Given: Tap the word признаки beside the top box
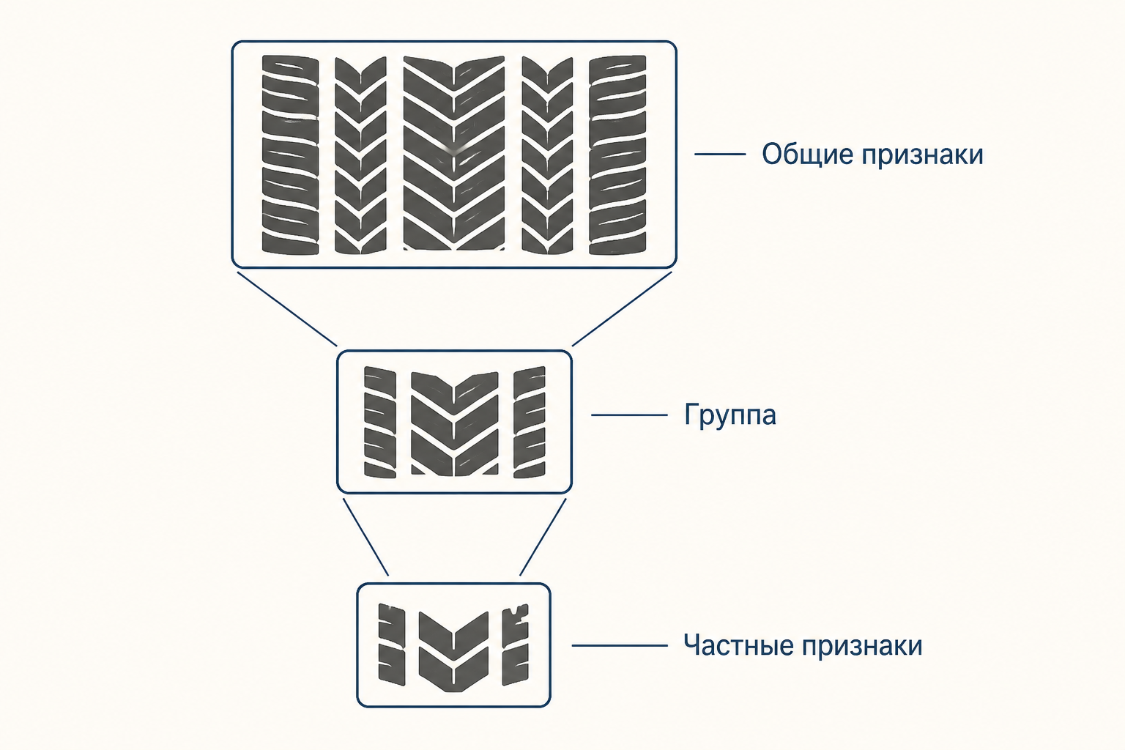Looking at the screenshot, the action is click(x=923, y=155).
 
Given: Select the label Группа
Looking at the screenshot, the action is click(x=729, y=415).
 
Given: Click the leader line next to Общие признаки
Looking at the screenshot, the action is click(x=720, y=155).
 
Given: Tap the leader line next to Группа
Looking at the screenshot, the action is click(x=629, y=415).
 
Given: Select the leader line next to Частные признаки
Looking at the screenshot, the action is click(x=620, y=645).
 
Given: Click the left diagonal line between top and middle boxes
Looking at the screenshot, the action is click(x=287, y=309).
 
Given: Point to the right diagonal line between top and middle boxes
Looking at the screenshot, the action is click(x=622, y=309).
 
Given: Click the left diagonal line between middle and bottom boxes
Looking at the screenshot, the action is click(x=365, y=537).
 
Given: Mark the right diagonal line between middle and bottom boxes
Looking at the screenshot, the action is click(x=543, y=537).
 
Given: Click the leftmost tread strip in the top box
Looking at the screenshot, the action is click(x=290, y=155).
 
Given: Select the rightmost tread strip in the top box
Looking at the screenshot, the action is click(x=617, y=155).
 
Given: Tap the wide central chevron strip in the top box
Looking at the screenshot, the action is click(x=454, y=153).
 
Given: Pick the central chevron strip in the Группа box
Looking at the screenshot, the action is click(x=455, y=424).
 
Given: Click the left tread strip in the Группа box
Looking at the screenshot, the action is click(x=380, y=422).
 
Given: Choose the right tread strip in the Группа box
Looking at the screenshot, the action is click(x=530, y=422).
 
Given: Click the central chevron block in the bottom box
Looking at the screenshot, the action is click(x=453, y=652).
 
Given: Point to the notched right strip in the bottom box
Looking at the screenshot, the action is click(x=516, y=645).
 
